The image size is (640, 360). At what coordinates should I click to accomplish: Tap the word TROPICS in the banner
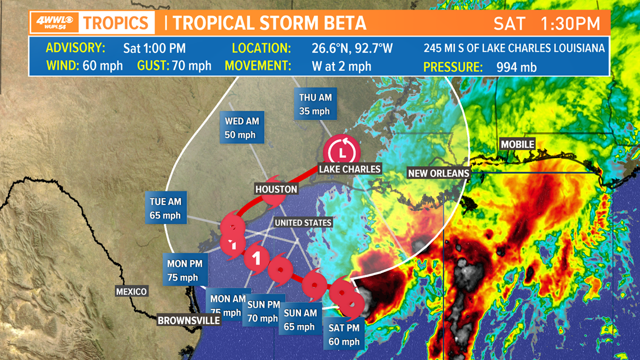117,23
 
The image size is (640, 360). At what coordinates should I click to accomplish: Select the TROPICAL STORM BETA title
269,23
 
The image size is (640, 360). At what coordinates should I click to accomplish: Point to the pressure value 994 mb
516,67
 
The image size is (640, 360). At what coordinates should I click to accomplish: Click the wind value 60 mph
103,66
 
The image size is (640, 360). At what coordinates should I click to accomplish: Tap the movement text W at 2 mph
341,66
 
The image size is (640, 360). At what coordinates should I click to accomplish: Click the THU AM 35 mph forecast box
315,104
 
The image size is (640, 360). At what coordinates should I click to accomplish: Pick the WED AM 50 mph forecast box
240,127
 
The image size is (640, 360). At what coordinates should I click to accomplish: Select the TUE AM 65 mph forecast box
165,208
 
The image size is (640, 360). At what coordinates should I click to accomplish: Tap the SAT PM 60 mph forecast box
344,334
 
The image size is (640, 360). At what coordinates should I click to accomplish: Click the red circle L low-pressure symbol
341,150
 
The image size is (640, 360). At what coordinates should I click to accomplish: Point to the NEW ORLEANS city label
438,173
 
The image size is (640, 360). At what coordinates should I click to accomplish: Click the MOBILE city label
517,144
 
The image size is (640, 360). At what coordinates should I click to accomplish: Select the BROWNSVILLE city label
189,320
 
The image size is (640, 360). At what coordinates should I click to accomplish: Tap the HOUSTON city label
276,189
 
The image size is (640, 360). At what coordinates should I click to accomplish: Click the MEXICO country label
131,291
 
